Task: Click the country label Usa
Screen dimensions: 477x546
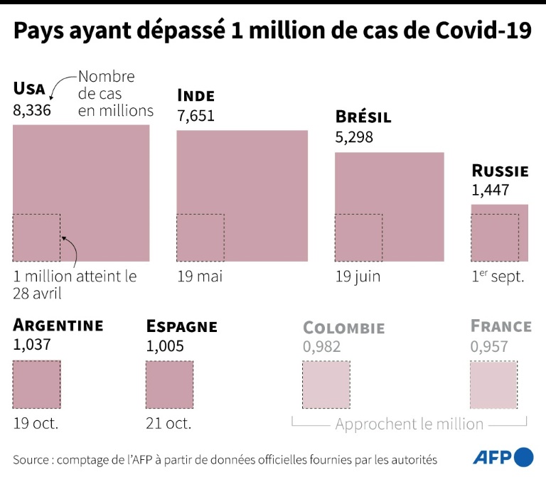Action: pos(29,89)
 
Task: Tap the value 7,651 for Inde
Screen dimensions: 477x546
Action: pos(196,116)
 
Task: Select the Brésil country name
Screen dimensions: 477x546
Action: pos(363,117)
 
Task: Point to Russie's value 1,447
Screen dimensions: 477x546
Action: pos(491,190)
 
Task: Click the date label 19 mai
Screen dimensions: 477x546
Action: pos(199,277)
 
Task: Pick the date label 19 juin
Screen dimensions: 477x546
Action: pos(358,277)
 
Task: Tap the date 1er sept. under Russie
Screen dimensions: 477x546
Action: pos(498,277)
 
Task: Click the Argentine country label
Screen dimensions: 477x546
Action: pos(58,326)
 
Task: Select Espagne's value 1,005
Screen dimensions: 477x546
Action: pos(165,346)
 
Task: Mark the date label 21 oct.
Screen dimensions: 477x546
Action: pos(168,424)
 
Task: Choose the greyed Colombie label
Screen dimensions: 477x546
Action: pos(343,328)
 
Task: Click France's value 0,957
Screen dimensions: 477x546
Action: pos(489,346)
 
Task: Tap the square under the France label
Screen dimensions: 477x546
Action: pos(493,385)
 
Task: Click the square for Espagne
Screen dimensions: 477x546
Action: pos(169,385)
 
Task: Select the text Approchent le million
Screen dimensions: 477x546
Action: pos(409,424)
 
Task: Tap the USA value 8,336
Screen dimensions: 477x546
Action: pos(32,110)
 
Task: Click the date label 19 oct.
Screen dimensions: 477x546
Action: pos(36,424)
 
